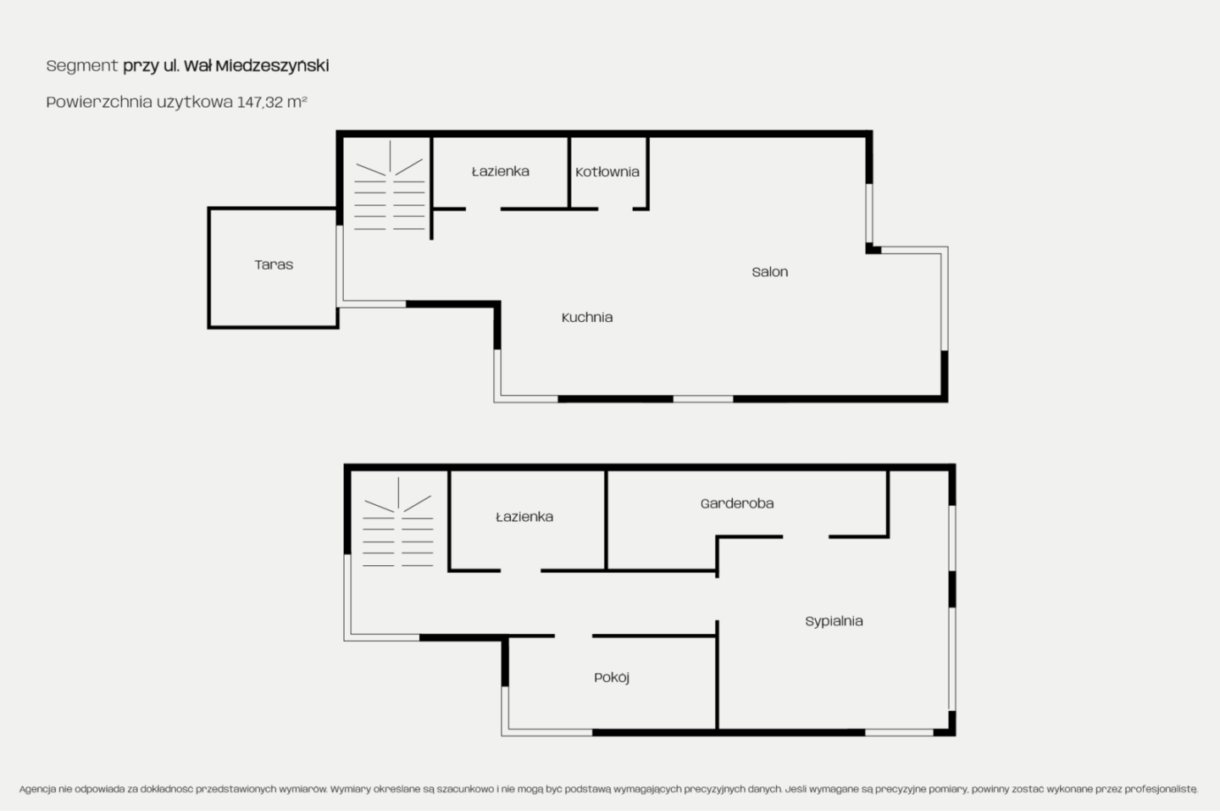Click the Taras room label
tap(274, 264)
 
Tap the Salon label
tap(769, 272)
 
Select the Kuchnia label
tap(587, 317)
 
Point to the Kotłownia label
tap(607, 171)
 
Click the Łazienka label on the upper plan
tap(501, 171)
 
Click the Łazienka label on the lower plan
tap(524, 516)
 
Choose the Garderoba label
tap(737, 503)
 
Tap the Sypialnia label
tap(834, 621)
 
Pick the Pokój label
tap(612, 678)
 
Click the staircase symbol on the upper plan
tap(390, 186)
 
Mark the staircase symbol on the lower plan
tap(398, 522)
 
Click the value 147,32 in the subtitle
tap(260, 102)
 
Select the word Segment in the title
tap(82, 66)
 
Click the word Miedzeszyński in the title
tap(272, 65)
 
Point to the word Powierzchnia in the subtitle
tap(99, 102)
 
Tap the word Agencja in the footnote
tap(37, 789)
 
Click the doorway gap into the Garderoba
tap(806, 537)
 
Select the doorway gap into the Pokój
tap(574, 636)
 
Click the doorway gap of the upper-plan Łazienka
tap(483, 208)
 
